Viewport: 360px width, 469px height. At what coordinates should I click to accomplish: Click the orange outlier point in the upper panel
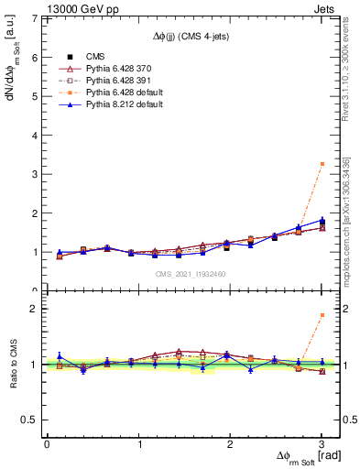322,164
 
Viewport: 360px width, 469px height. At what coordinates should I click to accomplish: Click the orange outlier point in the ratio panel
322,315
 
